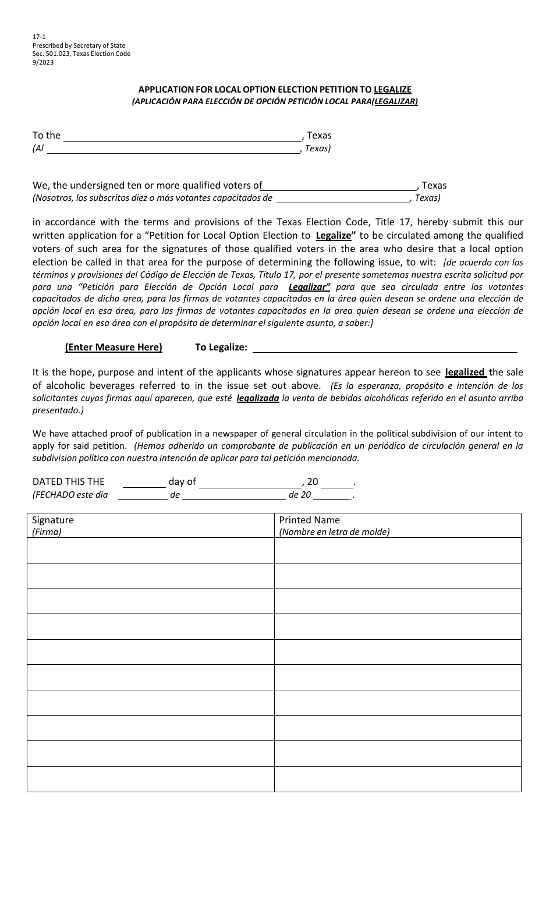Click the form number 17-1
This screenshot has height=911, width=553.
pyautogui.click(x=38, y=37)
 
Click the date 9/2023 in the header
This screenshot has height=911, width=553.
pyautogui.click(x=43, y=62)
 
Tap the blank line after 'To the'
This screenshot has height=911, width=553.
pyautogui.click(x=182, y=137)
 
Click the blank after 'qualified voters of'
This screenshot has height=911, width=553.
pyautogui.click(x=340, y=187)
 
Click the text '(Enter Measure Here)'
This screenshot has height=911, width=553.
pyautogui.click(x=114, y=348)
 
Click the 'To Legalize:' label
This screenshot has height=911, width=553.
pyautogui.click(x=221, y=348)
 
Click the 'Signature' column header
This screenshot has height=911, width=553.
pyautogui.click(x=53, y=520)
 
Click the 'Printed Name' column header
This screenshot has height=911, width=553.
pyautogui.click(x=309, y=520)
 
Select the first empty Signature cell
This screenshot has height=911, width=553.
pyautogui.click(x=150, y=550)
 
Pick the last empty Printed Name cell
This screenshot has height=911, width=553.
pyautogui.click(x=398, y=779)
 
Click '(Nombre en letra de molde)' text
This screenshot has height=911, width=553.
pyautogui.click(x=334, y=531)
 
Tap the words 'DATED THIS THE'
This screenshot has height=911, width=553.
pyautogui.click(x=69, y=481)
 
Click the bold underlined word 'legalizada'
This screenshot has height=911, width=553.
pyautogui.click(x=258, y=398)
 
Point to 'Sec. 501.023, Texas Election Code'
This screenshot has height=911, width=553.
pyautogui.click(x=81, y=54)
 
